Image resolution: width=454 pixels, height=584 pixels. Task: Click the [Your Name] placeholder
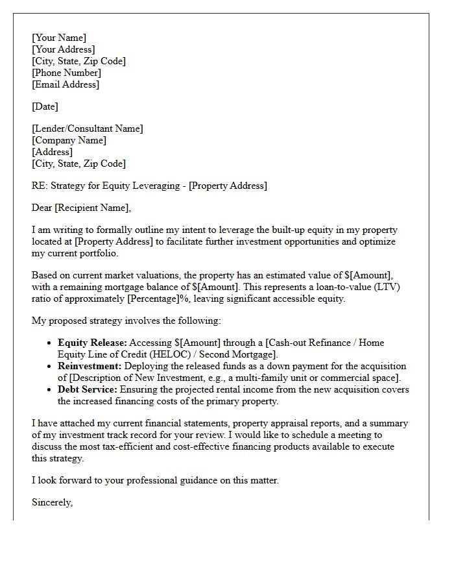coord(59,38)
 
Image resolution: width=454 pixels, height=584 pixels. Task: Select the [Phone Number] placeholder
coord(66,73)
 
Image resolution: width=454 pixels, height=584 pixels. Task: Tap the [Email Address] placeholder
coord(66,84)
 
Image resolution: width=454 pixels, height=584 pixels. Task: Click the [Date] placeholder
coord(45,106)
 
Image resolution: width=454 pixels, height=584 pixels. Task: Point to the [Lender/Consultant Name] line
coord(88,128)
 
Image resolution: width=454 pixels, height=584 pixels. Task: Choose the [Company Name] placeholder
coord(69,140)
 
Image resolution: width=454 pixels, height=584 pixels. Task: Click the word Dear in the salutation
coord(43,208)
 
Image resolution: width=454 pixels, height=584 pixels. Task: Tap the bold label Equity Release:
coord(92,343)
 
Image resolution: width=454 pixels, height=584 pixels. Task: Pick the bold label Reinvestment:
coord(89,366)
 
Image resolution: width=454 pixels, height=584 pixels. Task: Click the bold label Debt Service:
coord(88,389)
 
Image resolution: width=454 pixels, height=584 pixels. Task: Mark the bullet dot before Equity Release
coord(50,343)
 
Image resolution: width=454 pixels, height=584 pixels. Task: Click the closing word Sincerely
coord(52,502)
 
